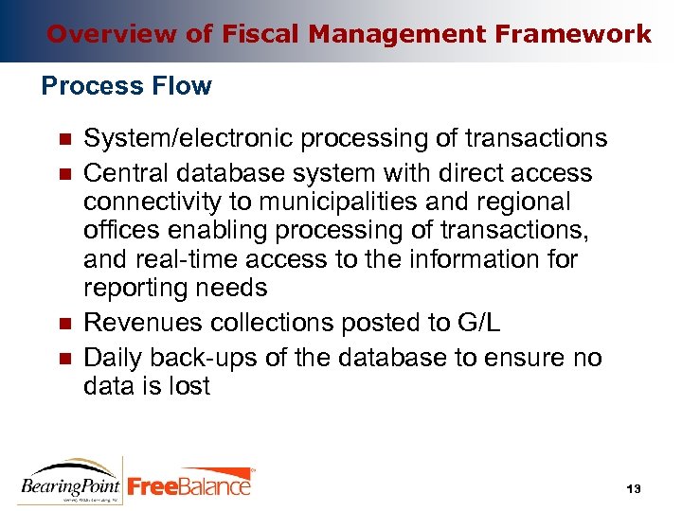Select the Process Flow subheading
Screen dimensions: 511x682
[x=127, y=86]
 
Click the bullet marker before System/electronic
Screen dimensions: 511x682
[x=64, y=140]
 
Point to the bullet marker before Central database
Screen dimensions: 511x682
[x=64, y=175]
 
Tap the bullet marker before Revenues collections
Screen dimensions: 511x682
[x=64, y=324]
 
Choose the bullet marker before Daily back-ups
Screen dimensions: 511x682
[x=64, y=360]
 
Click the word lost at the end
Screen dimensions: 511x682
[x=187, y=386]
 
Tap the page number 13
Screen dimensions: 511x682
[x=634, y=488]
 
